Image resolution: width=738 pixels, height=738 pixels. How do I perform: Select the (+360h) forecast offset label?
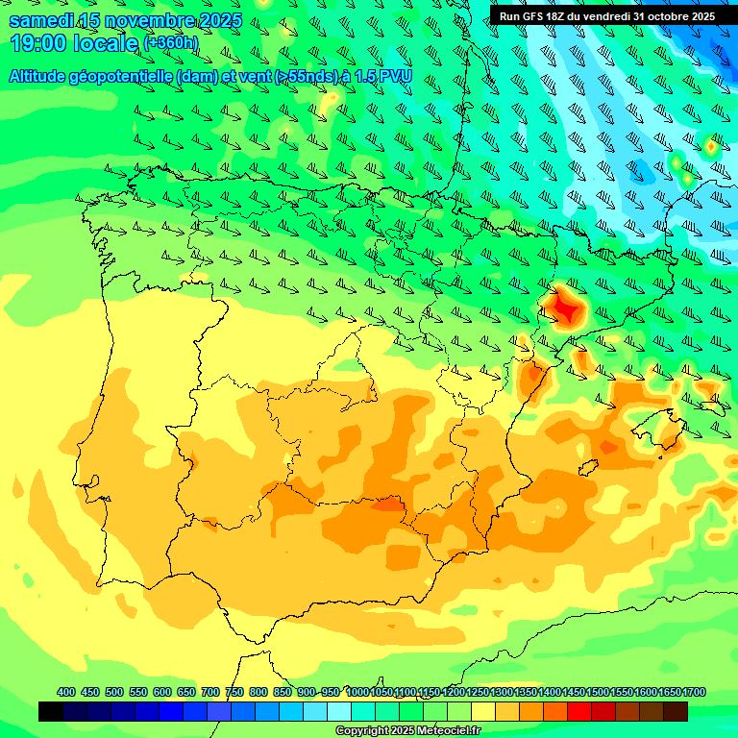(171, 43)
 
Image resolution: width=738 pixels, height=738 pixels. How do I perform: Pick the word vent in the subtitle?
(253, 76)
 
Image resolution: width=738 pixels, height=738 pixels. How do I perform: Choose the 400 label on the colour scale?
(66, 692)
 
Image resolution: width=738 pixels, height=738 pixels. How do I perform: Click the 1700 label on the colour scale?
(694, 692)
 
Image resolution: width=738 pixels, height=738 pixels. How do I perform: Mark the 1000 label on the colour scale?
(357, 692)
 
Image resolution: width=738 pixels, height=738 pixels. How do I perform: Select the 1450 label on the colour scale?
(574, 692)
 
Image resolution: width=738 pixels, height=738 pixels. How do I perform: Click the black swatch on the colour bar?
(51, 711)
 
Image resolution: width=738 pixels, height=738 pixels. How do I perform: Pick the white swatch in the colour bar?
(339, 711)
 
